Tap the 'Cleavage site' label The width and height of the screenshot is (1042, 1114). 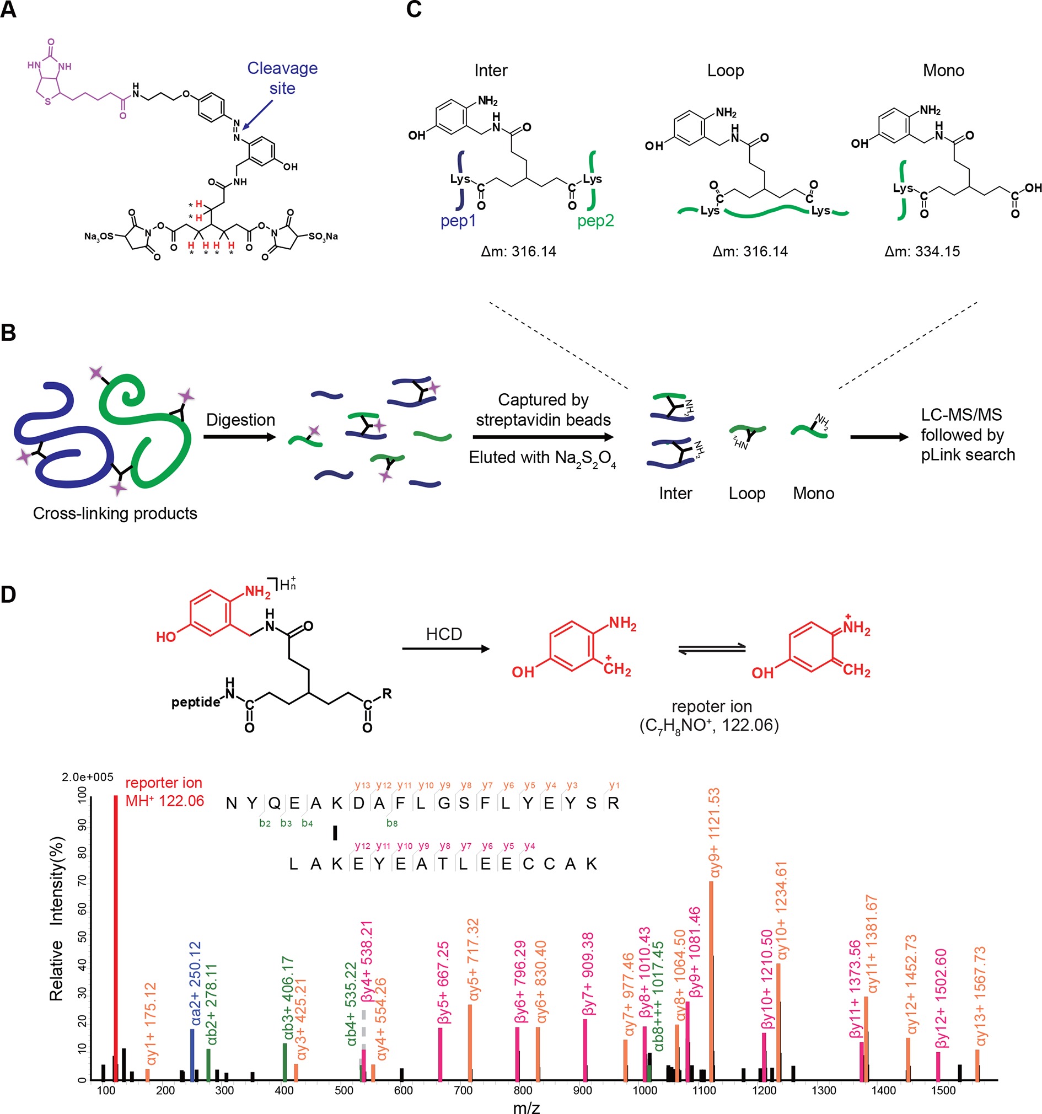[282, 78]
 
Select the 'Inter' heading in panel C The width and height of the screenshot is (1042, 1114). [490, 71]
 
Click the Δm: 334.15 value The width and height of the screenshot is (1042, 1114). [922, 251]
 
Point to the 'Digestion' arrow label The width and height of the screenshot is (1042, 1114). [240, 420]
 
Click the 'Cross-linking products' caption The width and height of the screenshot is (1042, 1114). [115, 513]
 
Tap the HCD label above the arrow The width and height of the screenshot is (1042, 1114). [444, 634]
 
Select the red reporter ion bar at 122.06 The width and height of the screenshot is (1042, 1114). [116, 941]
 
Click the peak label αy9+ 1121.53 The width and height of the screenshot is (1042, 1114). [715, 833]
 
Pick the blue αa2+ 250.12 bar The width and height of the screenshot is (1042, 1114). [192, 1056]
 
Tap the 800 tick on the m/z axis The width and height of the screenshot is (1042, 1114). [523, 1090]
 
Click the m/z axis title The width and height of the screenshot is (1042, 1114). [526, 1107]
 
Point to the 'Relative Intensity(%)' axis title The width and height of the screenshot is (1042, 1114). [57, 919]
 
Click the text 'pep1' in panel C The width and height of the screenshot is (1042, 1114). [458, 221]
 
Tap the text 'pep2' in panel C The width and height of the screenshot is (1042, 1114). [595, 221]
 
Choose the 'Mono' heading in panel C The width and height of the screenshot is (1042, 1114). [943, 71]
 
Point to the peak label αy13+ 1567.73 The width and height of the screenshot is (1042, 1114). [980, 997]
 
